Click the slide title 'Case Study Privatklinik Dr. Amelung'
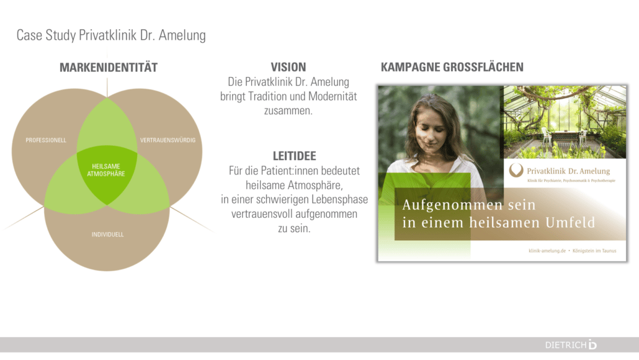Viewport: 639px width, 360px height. (111, 35)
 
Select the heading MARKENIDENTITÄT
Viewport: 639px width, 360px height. (109, 67)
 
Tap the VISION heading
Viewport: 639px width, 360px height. (288, 67)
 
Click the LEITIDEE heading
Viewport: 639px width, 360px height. (294, 156)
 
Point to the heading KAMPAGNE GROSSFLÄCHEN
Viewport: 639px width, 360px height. (452, 67)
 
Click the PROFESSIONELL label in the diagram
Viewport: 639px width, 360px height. (46, 140)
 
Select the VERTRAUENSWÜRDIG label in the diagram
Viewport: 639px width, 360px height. (168, 140)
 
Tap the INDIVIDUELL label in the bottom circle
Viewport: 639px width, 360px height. (107, 235)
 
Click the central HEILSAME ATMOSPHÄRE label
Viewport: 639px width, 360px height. (106, 170)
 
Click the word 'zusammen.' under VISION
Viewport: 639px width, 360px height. (288, 110)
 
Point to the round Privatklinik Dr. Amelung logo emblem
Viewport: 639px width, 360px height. (516, 169)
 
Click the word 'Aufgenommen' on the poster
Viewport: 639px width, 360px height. (452, 205)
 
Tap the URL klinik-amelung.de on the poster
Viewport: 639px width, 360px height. (547, 251)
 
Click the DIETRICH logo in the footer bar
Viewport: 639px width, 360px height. (571, 344)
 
